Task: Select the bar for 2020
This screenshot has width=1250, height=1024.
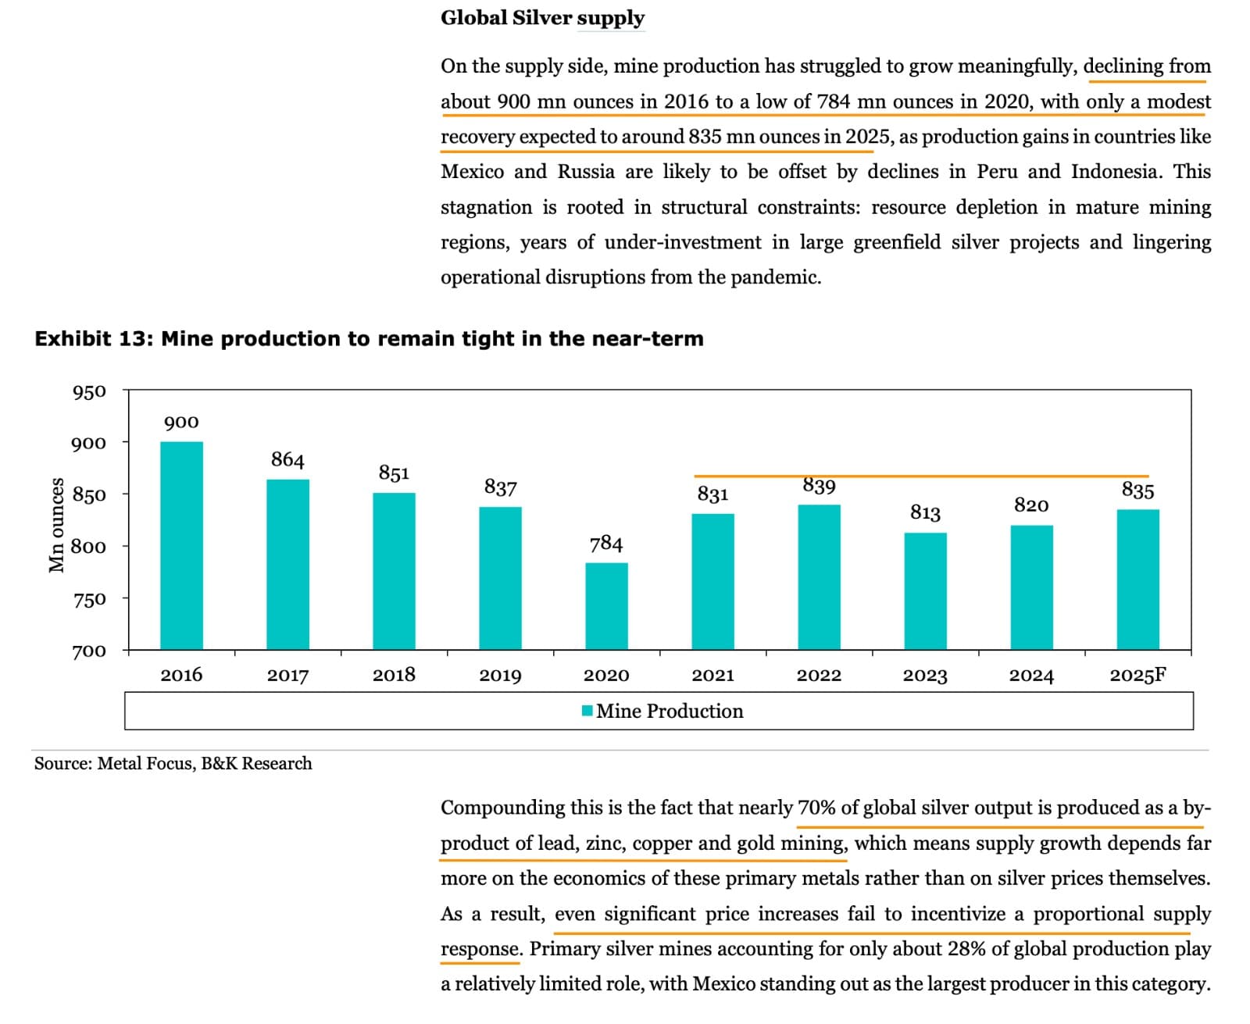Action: coord(606,606)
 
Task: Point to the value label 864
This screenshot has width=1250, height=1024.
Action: coord(287,459)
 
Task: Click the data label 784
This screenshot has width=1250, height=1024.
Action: coord(606,544)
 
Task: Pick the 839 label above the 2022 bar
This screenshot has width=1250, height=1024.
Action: coord(819,486)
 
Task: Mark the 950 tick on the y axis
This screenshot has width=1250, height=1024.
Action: coord(89,391)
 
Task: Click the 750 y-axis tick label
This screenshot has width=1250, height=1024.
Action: coord(89,599)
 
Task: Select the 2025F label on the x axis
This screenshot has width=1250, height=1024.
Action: coord(1137,675)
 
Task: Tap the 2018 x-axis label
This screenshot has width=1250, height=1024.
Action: coord(394,675)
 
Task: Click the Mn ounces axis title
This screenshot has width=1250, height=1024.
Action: coord(56,525)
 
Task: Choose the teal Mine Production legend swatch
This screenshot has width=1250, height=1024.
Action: coord(587,711)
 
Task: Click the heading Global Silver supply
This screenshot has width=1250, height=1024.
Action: coord(542,18)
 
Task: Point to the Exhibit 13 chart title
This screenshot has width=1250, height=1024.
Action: coord(369,338)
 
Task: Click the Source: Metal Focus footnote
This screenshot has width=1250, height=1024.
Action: coord(173,763)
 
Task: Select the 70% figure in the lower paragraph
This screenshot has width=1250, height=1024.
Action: coord(816,808)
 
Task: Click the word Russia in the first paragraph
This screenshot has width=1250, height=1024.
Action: coord(586,172)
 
